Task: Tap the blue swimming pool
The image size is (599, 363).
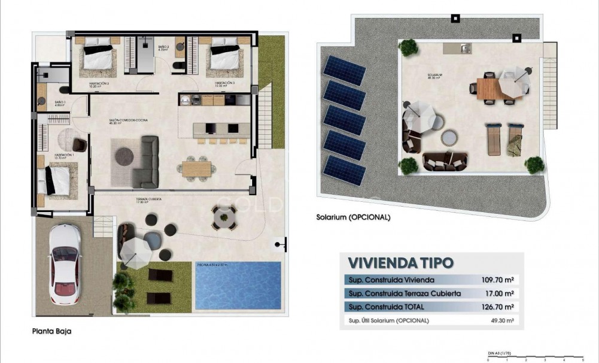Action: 238,286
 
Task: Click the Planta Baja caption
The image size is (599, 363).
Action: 54,330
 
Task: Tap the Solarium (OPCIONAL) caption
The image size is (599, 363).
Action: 353,217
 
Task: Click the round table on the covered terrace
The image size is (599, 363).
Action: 224,216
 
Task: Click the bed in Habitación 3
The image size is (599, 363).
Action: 225,56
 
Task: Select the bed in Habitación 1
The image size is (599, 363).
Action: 57,179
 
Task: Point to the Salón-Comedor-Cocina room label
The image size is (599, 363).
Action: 128,120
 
